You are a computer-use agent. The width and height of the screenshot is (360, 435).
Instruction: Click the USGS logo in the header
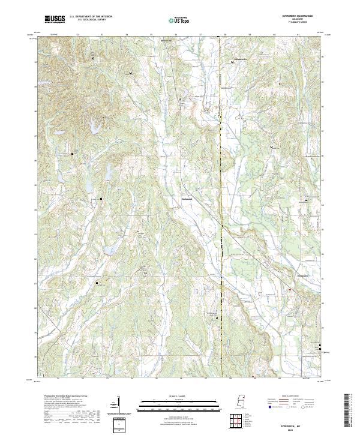tap(54, 20)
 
